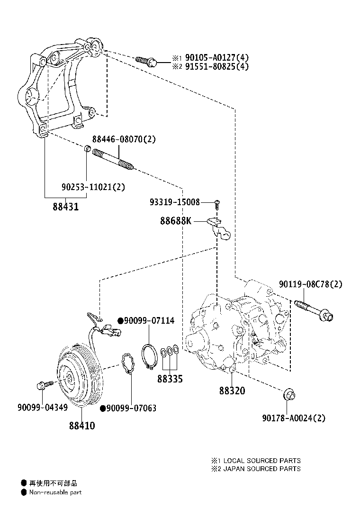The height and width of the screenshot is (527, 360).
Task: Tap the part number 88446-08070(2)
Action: [124, 140]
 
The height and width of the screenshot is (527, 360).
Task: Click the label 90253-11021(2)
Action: [93, 187]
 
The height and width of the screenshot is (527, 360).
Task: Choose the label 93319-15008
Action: [175, 202]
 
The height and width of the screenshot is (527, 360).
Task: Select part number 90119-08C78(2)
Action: [310, 284]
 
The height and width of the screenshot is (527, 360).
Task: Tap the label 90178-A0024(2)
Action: [294, 418]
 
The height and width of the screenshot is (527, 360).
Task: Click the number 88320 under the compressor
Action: [232, 391]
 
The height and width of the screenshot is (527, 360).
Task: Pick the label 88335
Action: [170, 379]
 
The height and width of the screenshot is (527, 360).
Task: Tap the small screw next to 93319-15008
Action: [217, 204]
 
